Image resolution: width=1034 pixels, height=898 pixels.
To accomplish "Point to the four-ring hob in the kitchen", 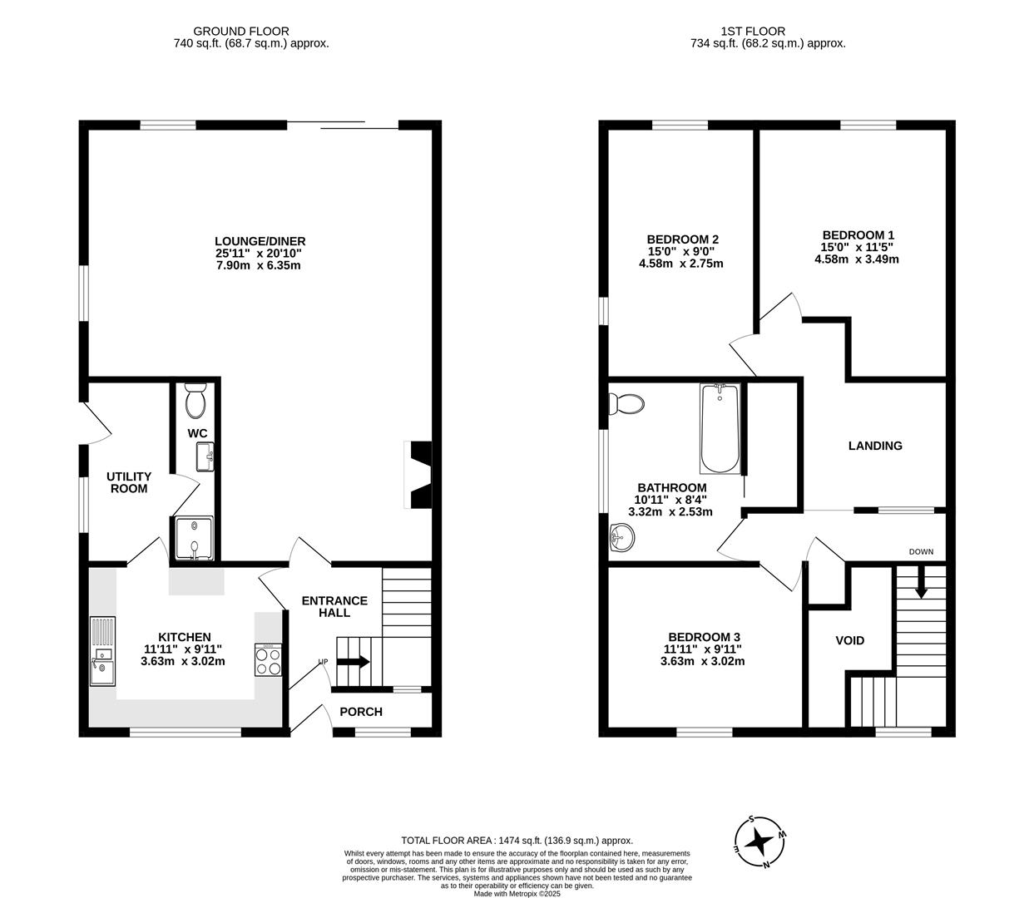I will [x=268, y=661].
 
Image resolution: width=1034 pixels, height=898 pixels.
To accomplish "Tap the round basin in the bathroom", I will [x=620, y=538].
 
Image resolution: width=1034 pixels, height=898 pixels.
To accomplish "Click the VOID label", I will [x=849, y=640].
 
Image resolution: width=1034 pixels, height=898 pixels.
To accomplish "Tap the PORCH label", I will [x=362, y=712].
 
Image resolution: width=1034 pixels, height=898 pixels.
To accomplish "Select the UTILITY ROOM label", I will [x=129, y=482].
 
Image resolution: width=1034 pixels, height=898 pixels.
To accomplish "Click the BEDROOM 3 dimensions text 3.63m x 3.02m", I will [x=702, y=662].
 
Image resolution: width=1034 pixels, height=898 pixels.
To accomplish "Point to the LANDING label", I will [x=875, y=446].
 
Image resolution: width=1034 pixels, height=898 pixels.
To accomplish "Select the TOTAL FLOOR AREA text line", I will [x=517, y=841].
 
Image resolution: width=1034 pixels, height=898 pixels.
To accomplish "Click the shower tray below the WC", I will [x=193, y=538].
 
